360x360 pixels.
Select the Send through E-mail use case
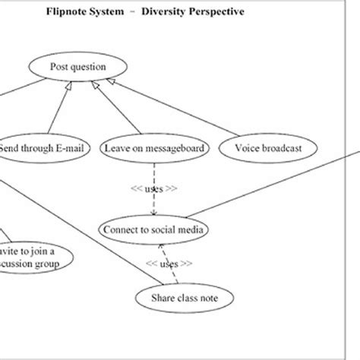(x=35, y=149)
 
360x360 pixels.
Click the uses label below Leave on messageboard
(x=154, y=190)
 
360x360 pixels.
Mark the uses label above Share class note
(x=171, y=264)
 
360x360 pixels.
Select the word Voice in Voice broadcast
(x=247, y=149)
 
